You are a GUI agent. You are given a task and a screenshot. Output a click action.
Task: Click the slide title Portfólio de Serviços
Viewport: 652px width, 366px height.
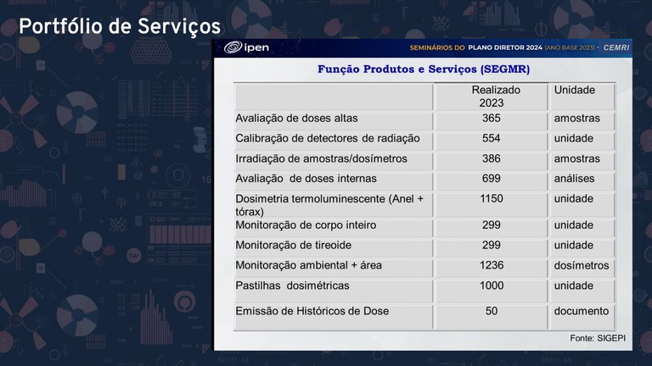click(120, 27)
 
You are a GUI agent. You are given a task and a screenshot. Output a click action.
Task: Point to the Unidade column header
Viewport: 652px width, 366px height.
click(575, 90)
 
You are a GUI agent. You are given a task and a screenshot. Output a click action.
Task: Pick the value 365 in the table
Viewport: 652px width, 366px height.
click(491, 119)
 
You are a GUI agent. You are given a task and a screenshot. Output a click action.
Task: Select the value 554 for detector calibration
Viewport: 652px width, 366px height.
click(491, 139)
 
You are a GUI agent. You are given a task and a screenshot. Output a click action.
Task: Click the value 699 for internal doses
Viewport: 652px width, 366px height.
click(491, 180)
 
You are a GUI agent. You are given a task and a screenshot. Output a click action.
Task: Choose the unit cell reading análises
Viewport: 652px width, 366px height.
click(575, 180)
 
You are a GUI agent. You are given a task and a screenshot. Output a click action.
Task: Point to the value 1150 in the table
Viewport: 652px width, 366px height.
click(491, 199)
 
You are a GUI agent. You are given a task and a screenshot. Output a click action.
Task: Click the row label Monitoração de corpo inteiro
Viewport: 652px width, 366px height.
click(306, 225)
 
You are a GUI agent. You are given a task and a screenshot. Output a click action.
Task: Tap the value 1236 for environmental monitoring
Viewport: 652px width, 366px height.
click(491, 266)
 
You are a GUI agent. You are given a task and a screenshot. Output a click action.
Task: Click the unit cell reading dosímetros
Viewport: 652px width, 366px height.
click(582, 266)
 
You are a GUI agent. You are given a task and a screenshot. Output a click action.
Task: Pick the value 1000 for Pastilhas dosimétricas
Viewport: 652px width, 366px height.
click(491, 286)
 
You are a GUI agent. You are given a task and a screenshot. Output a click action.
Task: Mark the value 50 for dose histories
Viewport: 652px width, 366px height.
click(491, 312)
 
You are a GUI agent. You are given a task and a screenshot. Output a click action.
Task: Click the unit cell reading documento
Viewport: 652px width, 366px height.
click(582, 312)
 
